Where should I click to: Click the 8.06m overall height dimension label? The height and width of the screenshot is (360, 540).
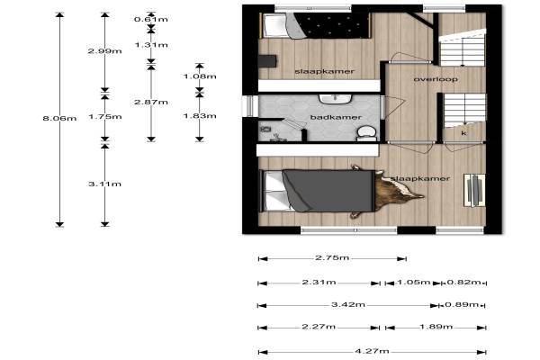point(59,119)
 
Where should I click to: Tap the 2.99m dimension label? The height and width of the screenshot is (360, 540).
point(105,51)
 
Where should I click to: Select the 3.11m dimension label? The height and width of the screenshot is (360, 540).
point(105,184)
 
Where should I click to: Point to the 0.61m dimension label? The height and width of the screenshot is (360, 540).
point(151,19)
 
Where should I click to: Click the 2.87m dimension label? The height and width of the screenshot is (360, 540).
point(151,103)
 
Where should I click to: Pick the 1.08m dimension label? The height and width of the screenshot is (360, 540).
point(200,76)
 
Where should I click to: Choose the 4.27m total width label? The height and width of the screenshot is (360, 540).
point(372,351)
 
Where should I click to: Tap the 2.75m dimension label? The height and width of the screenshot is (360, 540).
point(332,257)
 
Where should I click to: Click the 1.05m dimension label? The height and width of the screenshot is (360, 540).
point(414,283)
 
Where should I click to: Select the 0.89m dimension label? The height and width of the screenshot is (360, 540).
point(462,304)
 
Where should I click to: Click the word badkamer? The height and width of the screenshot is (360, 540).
point(336,118)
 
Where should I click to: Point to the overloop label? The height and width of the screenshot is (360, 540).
point(436,79)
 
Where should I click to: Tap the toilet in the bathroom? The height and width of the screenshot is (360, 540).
point(366,134)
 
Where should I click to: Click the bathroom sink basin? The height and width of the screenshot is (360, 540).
point(335,98)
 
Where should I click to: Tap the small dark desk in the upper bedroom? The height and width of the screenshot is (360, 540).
point(267,61)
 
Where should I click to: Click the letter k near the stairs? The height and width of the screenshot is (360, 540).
point(463,133)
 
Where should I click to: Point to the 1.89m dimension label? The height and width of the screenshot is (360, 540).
point(436,327)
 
